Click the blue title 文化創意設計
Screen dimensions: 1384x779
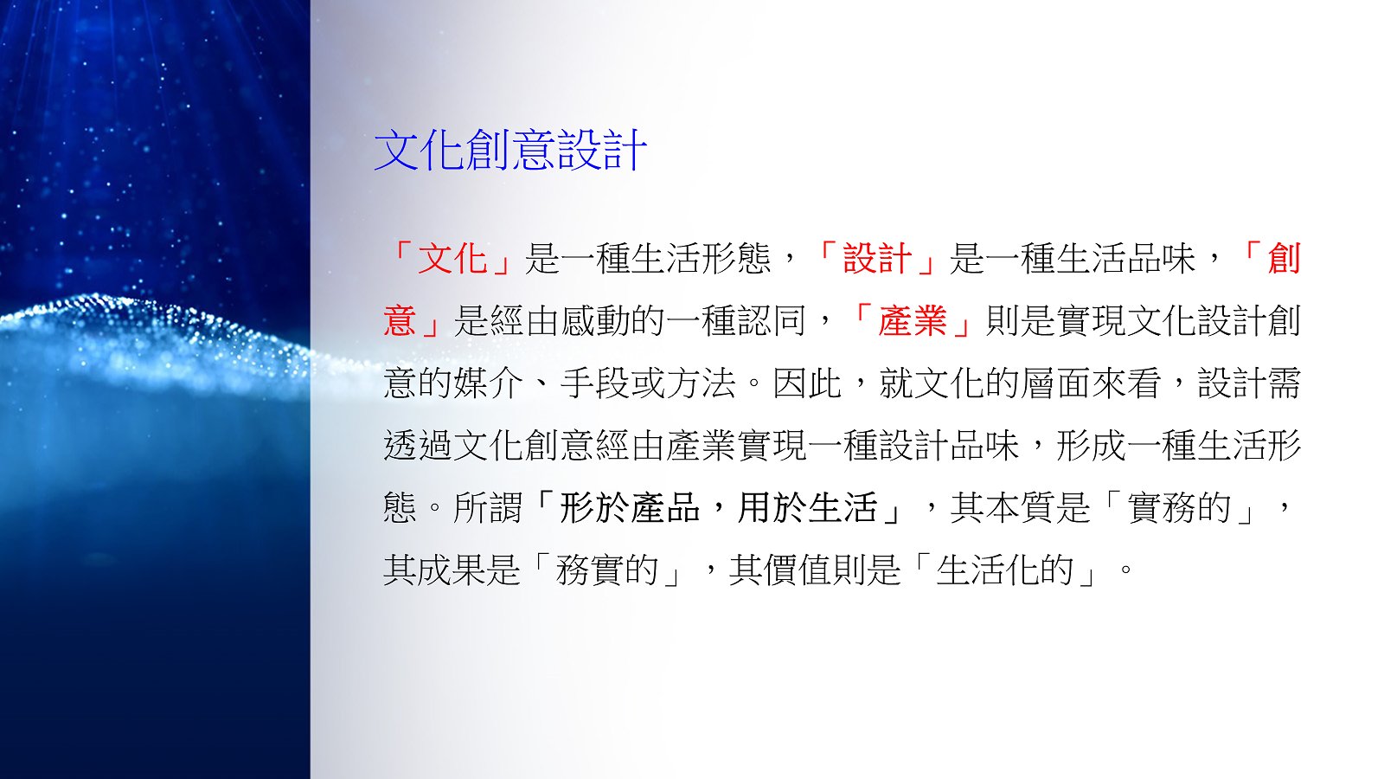pyautogui.click(x=510, y=151)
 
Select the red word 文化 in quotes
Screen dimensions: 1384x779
pyautogui.click(x=453, y=259)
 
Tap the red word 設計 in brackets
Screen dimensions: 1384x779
pyautogui.click(x=877, y=259)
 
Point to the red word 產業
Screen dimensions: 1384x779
pyautogui.click(x=913, y=321)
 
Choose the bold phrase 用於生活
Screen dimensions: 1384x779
pyautogui.click(x=808, y=507)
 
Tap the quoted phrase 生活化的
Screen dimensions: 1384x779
pyautogui.click(x=1005, y=570)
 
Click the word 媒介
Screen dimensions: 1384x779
pyautogui.click(x=488, y=383)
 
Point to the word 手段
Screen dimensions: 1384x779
pyautogui.click(x=594, y=383)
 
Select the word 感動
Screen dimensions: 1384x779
pyautogui.click(x=594, y=321)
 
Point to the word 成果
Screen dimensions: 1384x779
pyautogui.click(x=453, y=570)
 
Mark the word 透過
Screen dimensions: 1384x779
pyautogui.click(x=419, y=445)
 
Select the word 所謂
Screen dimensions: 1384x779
pyautogui.click(x=488, y=507)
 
